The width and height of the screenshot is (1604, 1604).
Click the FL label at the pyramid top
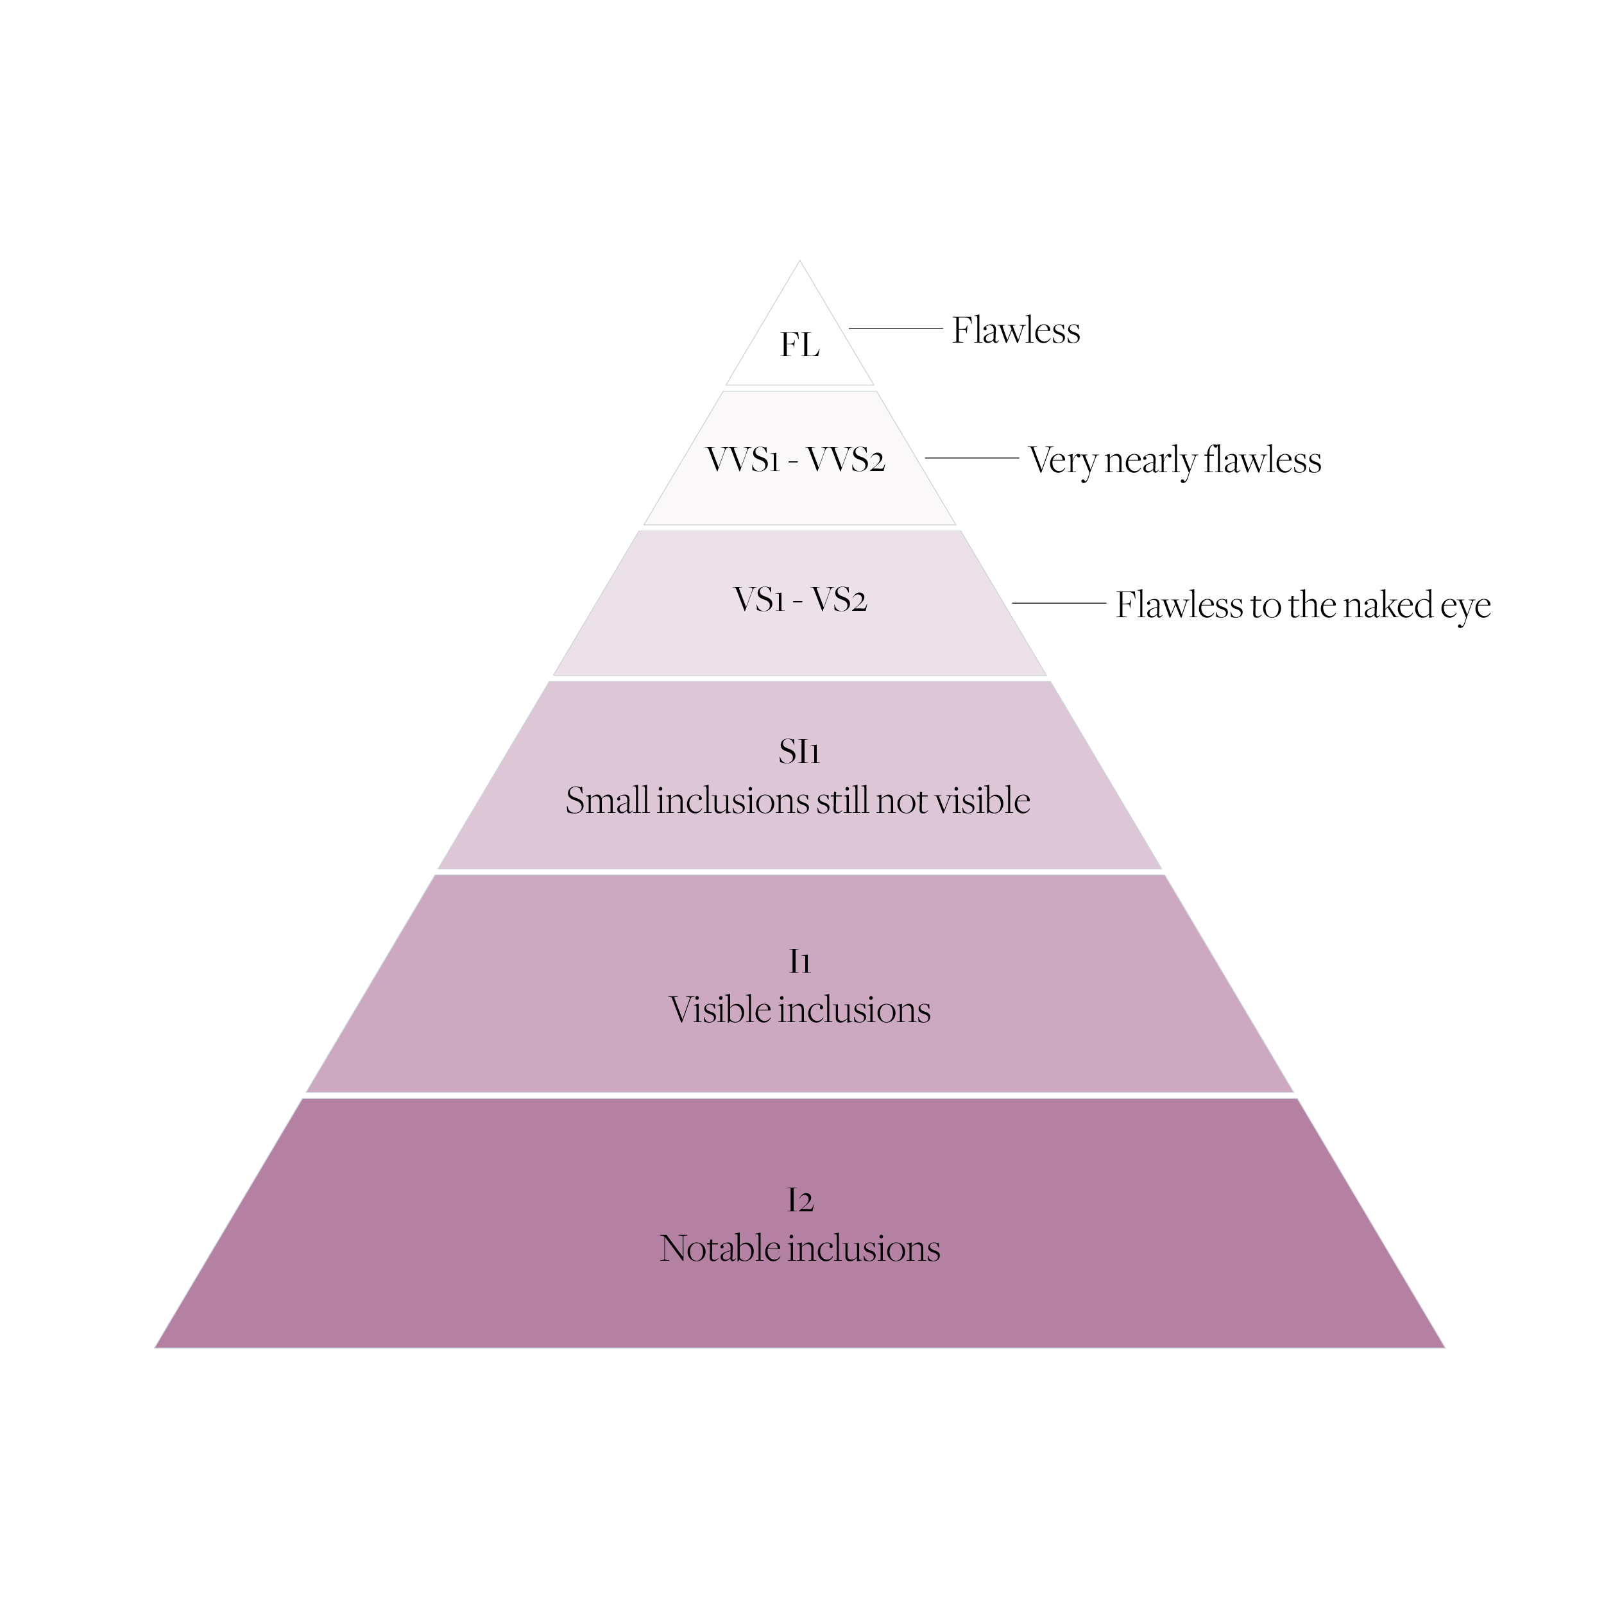tap(799, 345)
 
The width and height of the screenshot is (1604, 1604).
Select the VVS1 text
tap(743, 459)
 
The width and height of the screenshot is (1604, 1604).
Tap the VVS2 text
tap(846, 459)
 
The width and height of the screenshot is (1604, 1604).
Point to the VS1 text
tap(759, 599)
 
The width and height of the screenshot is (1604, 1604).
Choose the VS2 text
tap(839, 599)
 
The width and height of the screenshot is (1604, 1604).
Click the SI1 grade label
tap(799, 751)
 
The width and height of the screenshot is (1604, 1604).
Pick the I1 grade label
tap(799, 961)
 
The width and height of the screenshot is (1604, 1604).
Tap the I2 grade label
tap(800, 1200)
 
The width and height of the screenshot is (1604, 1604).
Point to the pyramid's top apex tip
tap(799, 262)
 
